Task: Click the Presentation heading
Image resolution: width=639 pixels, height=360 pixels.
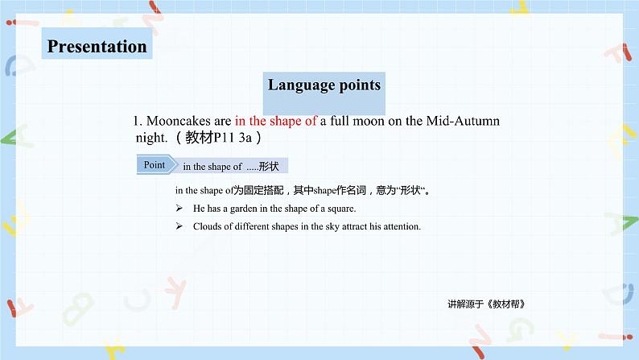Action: [x=97, y=46]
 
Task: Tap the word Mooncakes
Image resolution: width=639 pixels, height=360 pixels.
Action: [x=179, y=121]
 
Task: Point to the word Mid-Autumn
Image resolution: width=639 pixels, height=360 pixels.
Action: [x=463, y=121]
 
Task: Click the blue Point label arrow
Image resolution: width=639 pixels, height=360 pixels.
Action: [x=157, y=165]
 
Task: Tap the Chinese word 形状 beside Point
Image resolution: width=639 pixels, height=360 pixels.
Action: [x=269, y=167]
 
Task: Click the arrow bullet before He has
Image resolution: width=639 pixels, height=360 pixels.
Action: [x=179, y=209]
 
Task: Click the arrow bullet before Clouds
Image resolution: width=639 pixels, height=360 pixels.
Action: [x=179, y=226]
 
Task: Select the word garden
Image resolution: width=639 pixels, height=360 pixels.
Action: [x=243, y=209]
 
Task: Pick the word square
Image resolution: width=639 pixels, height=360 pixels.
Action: [x=341, y=209]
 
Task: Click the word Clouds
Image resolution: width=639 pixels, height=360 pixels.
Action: [x=207, y=226]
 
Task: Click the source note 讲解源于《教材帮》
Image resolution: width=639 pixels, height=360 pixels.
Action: [x=486, y=304]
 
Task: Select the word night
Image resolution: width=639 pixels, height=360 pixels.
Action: [x=151, y=138]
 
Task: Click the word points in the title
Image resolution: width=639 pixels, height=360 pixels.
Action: [x=360, y=85]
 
